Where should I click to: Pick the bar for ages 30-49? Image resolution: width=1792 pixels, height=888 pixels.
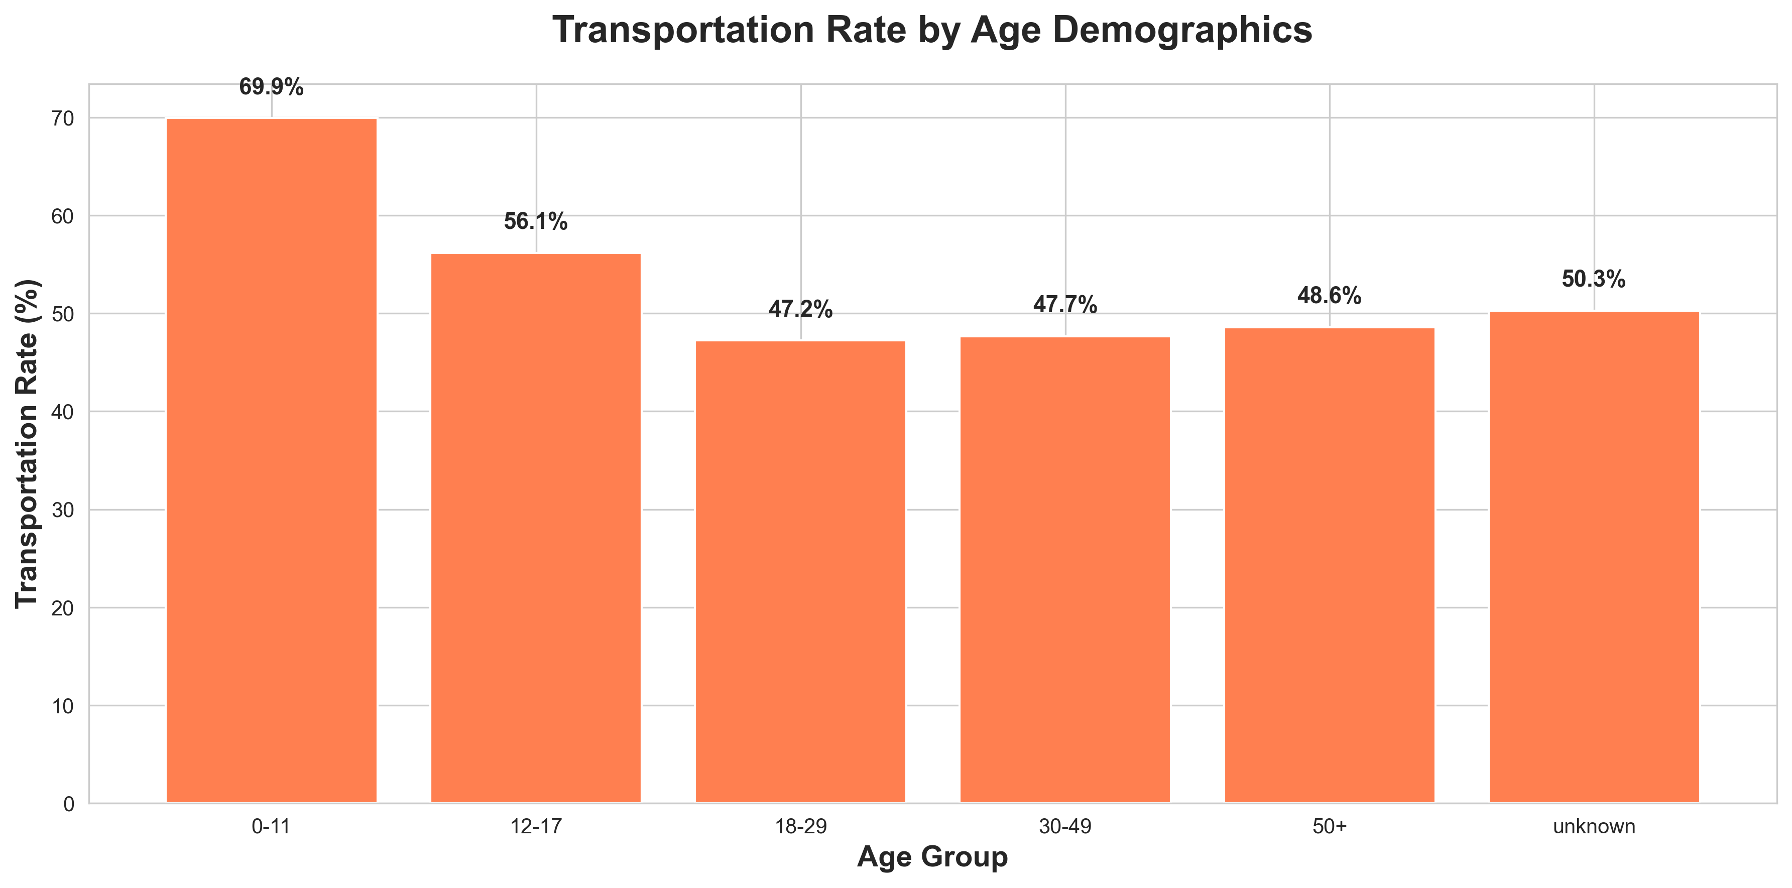(x=1065, y=570)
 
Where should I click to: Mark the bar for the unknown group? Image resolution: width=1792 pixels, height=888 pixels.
(x=1594, y=556)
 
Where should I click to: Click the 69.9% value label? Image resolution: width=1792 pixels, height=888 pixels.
(x=271, y=88)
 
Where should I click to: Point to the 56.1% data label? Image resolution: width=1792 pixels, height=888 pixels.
(x=536, y=222)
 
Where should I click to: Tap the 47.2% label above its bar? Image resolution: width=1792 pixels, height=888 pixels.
(x=801, y=309)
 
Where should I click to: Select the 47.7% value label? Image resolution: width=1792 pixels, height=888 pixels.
(x=1065, y=305)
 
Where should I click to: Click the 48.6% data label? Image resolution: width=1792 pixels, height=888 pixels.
(x=1330, y=296)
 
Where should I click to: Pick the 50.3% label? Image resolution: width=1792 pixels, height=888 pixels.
(x=1594, y=280)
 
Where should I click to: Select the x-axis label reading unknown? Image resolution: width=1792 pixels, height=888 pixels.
(x=1594, y=827)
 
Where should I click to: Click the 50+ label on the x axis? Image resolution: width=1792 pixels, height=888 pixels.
(x=1330, y=827)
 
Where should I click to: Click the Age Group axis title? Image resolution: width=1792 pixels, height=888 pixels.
(x=932, y=857)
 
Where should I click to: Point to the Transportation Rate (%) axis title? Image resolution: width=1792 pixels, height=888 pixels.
(x=28, y=444)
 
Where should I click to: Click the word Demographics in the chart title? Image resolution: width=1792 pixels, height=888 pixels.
(x=1182, y=31)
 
